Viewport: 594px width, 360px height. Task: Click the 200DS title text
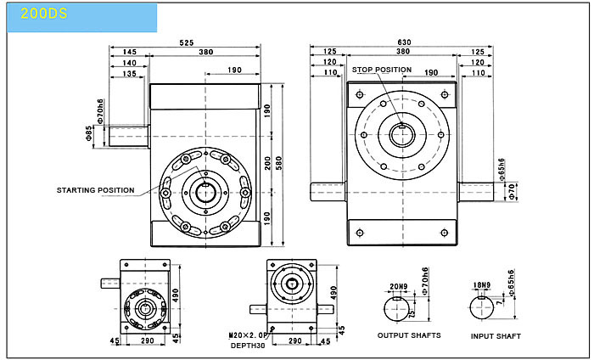click(44, 14)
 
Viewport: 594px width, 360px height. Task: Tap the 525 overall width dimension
click(187, 42)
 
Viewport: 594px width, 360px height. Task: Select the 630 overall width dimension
click(404, 42)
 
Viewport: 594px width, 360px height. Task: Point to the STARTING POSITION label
click(95, 190)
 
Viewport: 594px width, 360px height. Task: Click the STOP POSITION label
click(382, 70)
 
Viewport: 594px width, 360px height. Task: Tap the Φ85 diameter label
click(89, 133)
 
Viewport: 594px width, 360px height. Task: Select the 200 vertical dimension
click(267, 163)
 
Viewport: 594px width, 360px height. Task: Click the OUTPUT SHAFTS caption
click(409, 335)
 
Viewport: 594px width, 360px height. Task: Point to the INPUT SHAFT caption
click(496, 336)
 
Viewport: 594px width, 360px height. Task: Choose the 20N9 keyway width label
click(399, 286)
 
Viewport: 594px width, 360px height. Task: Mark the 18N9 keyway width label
click(482, 285)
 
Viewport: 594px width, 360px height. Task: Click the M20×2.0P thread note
click(248, 335)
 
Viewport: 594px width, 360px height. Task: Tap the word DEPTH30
click(248, 346)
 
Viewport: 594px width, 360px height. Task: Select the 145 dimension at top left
click(129, 52)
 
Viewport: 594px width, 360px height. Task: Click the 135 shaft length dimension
click(129, 74)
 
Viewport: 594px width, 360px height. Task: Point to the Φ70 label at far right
click(512, 192)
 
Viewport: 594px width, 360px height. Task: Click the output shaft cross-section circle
click(384, 309)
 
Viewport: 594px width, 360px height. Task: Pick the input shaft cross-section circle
click(470, 307)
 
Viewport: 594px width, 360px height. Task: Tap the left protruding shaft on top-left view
click(129, 137)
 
